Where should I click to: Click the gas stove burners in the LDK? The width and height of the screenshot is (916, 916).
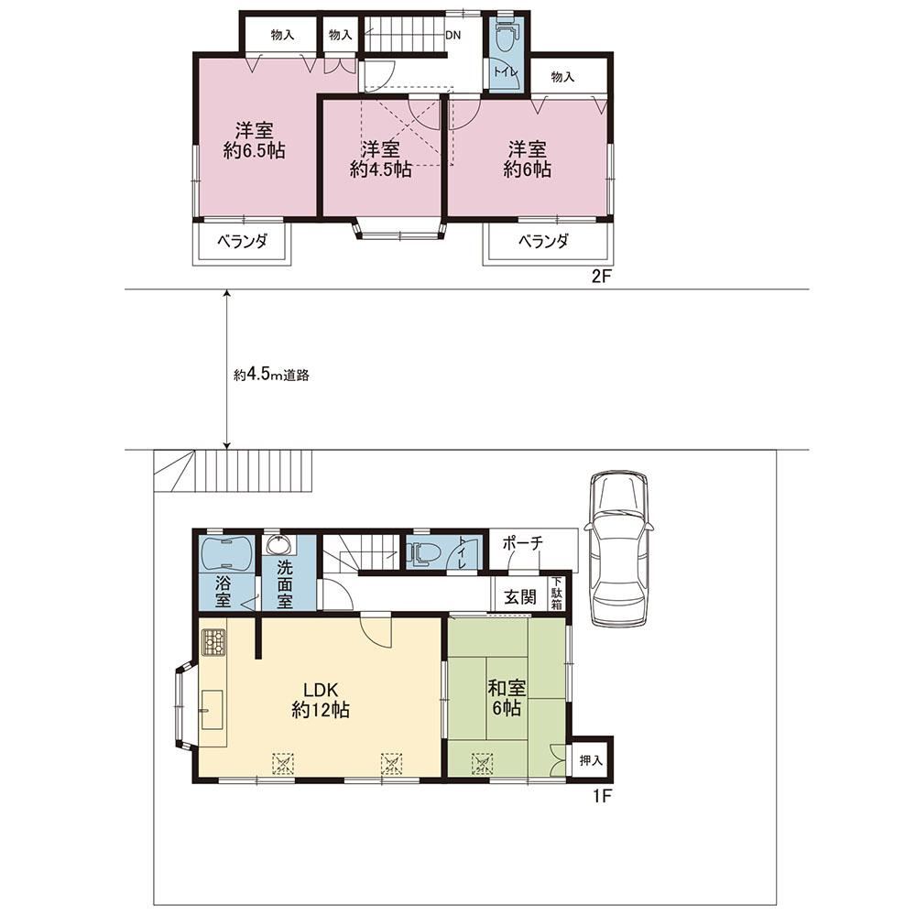pos(213,643)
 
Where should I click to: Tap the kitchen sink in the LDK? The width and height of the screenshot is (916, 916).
pos(213,709)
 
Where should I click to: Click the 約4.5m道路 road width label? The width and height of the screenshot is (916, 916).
pos(271,375)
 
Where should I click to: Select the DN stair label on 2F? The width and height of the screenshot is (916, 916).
pos(453,35)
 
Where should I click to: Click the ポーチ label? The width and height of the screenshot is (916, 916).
pos(523,542)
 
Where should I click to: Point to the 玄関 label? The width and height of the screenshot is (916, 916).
pos(520,596)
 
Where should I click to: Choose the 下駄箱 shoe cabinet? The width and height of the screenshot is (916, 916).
pos(557,594)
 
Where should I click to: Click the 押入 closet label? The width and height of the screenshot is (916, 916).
pos(591,760)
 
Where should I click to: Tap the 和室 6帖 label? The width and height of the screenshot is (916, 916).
pos(507,697)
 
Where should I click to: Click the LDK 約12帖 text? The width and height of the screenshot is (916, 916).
pos(320,699)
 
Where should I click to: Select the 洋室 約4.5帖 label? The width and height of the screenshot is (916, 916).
pos(380,158)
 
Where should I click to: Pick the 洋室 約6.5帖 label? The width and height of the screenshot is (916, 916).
pos(254,140)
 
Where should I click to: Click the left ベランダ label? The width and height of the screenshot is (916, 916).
pos(242,241)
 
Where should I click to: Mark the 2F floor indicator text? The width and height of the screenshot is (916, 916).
pos(601,277)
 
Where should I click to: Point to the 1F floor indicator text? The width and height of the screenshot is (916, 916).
pos(602,796)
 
